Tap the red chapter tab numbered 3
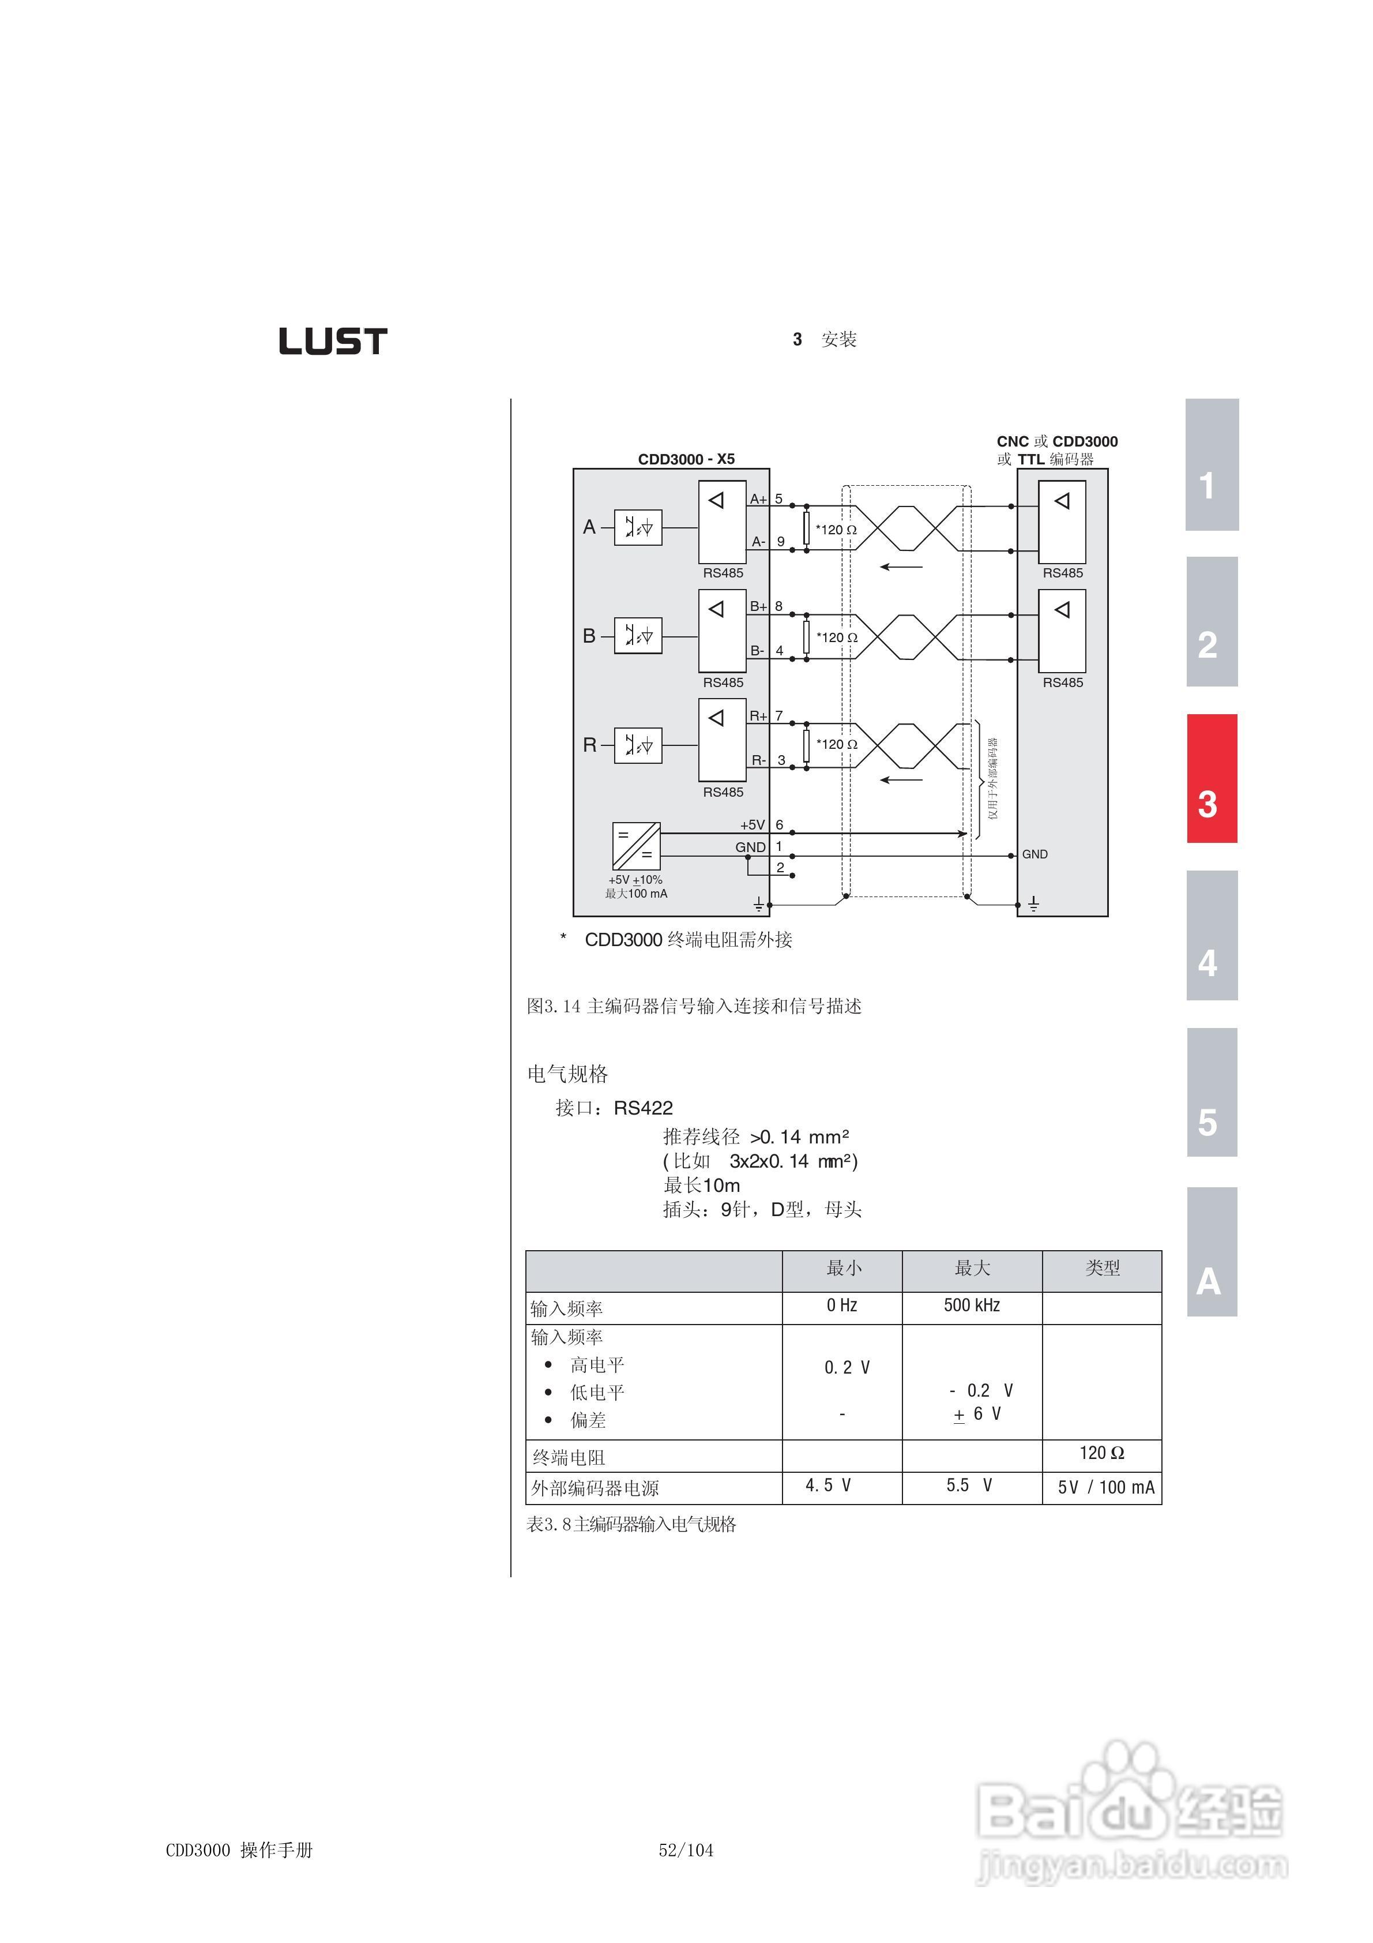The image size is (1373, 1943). tap(1212, 779)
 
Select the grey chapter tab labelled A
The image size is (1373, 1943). tap(1212, 1252)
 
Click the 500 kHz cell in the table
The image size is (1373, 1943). tap(972, 1305)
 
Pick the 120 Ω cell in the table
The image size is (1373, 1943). tap(1101, 1453)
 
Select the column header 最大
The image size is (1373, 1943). tap(972, 1267)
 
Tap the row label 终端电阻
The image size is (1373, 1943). tap(569, 1457)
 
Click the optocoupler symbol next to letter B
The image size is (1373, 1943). tap(638, 636)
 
